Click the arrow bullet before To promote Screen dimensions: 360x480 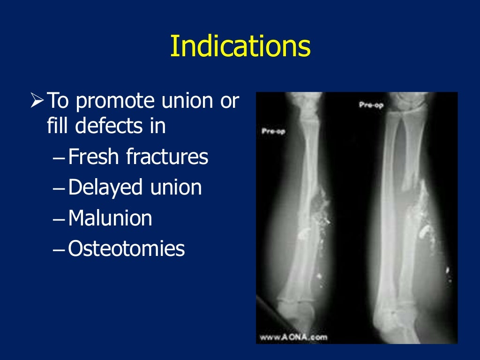pyautogui.click(x=37, y=100)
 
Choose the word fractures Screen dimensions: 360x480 pyautogui.click(x=167, y=157)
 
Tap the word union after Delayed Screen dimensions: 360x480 pyautogui.click(x=176, y=187)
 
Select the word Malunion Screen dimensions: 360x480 pyautogui.click(x=110, y=218)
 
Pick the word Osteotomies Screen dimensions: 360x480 pyautogui.click(x=127, y=248)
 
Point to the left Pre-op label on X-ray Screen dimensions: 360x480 pyautogui.click(x=273, y=132)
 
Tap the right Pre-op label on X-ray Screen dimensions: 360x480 pyautogui.click(x=371, y=105)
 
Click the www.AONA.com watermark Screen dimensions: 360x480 pyautogui.click(x=293, y=337)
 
